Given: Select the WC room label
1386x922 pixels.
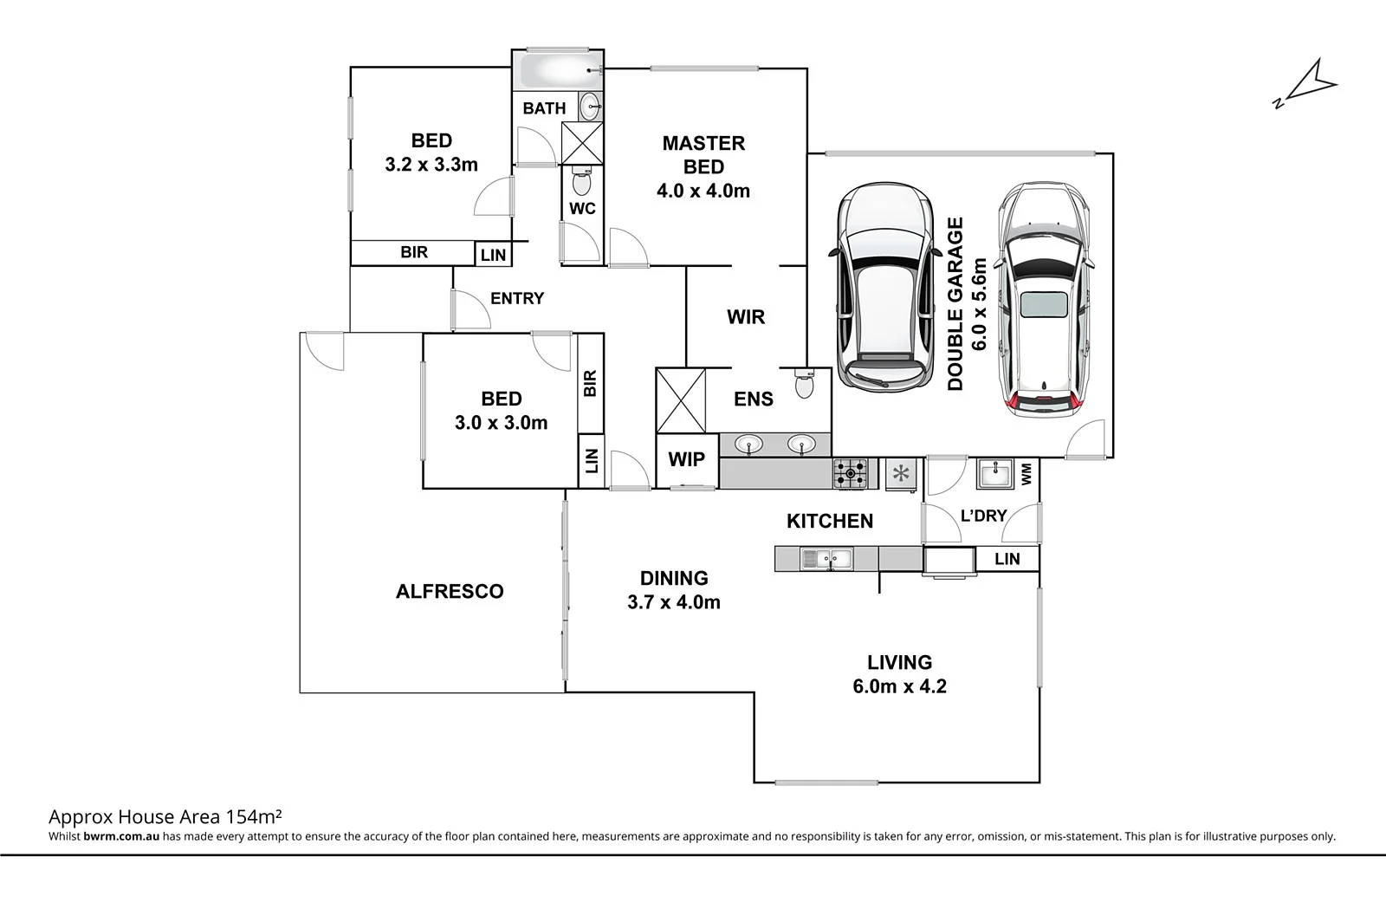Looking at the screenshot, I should (582, 209).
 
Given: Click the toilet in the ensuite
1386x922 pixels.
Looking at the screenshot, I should (804, 383).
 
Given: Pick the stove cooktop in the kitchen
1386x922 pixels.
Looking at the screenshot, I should (850, 474).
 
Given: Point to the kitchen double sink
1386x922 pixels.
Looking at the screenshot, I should (826, 559).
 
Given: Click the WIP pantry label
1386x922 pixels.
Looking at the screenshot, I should (686, 459).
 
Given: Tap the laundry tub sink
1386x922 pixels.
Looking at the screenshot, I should (995, 474).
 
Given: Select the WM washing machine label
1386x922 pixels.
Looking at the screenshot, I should (1027, 473).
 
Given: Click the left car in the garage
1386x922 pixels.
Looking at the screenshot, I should (882, 288).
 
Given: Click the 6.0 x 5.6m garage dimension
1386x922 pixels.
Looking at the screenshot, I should (980, 304).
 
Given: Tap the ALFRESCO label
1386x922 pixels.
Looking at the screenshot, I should (449, 591).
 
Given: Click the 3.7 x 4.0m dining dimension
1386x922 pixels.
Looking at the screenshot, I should (674, 602).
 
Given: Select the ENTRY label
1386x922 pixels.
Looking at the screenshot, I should (517, 298).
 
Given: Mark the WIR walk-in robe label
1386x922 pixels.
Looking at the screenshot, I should (746, 317).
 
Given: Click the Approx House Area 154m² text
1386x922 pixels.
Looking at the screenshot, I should (166, 816).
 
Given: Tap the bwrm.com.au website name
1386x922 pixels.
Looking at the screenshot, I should (121, 837).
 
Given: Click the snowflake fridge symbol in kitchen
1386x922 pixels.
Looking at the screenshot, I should (901, 473).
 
